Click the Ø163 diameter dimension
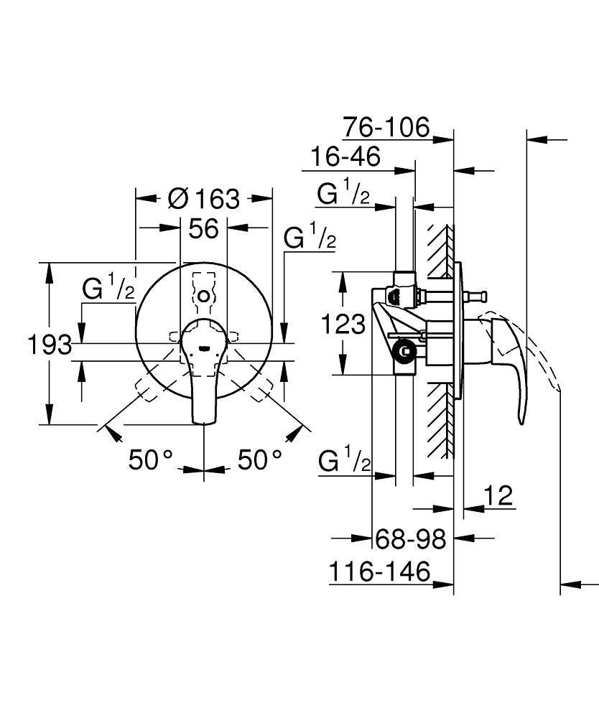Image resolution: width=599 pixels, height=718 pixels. [203, 198]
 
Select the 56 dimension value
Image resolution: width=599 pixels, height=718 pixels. [203, 229]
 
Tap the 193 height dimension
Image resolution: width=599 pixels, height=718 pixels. [48, 345]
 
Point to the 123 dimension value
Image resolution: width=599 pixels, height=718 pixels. [343, 325]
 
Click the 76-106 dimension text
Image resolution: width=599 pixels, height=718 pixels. [386, 128]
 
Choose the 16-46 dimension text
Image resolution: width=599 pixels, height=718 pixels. [345, 157]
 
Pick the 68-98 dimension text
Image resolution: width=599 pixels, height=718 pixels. [412, 538]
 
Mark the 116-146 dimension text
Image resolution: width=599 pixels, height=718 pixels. [380, 572]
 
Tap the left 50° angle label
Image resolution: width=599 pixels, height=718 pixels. [151, 460]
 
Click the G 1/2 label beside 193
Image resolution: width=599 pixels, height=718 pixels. [108, 289]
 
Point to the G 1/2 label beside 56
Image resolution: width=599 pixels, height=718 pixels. [310, 238]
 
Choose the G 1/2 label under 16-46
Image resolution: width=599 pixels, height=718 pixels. [343, 194]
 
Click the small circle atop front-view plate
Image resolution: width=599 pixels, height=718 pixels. [205, 295]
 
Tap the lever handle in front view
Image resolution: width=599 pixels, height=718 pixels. [203, 373]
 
